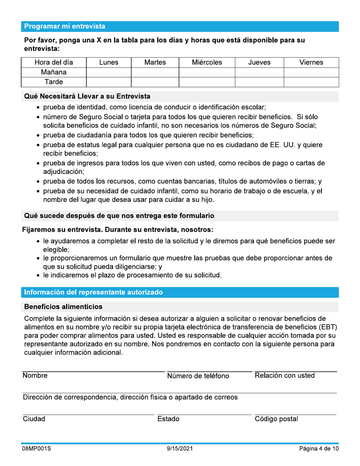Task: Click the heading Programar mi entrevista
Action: pyautogui.click(x=65, y=27)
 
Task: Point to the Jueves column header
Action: pyautogui.click(x=259, y=61)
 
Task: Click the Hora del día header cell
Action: pyautogui.click(x=54, y=61)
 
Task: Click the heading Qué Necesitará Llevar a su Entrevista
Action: pyautogui.click(x=88, y=97)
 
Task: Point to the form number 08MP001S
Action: pyautogui.click(x=37, y=449)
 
